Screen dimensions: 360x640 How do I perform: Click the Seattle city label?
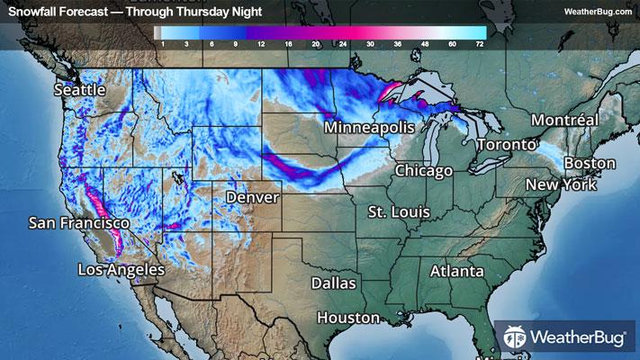(x=80, y=90)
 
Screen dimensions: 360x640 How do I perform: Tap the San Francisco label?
(x=79, y=222)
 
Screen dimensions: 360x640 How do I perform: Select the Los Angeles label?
(x=122, y=269)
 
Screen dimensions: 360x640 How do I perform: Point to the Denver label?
(x=252, y=196)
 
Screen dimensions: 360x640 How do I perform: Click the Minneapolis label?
(x=369, y=129)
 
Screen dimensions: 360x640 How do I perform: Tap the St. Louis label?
(x=399, y=211)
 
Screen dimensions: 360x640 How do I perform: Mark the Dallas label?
(x=334, y=283)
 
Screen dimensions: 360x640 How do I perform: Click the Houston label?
(x=347, y=318)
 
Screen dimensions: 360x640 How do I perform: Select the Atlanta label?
(x=456, y=271)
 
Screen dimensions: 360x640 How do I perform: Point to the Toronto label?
(x=505, y=145)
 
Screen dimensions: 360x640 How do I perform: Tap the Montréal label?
(x=564, y=120)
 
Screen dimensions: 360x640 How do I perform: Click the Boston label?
(x=590, y=163)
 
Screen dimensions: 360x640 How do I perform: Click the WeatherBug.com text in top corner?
(x=598, y=12)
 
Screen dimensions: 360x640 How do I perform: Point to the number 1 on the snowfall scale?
(x=161, y=43)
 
